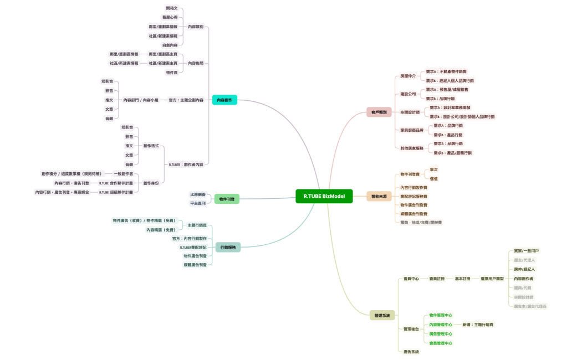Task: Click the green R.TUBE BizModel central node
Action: coord(324,196)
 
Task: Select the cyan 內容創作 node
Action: coord(224,100)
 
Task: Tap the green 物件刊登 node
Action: coord(227,198)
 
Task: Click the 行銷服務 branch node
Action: coord(228,247)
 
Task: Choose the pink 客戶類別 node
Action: coord(380,112)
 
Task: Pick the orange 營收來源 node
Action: coord(379,196)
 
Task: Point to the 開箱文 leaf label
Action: coord(172,8)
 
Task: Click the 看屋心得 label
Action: coord(170,17)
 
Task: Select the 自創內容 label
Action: coord(170,45)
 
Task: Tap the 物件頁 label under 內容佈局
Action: coord(172,72)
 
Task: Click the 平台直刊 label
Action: coord(198,203)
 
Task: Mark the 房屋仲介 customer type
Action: coord(408,76)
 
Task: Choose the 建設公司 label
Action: coord(408,94)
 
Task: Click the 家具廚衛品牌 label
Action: coord(412,130)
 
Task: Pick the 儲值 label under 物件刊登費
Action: coord(433,178)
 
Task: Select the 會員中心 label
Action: coord(411,279)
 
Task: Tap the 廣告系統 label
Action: coord(411,352)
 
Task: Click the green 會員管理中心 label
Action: coord(441,343)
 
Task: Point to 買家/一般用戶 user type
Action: coord(526,251)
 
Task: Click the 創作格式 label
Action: coord(151,146)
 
